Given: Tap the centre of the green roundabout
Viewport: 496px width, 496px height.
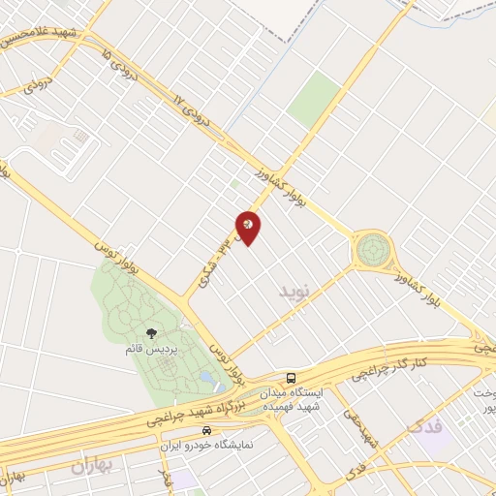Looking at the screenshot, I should [x=372, y=250].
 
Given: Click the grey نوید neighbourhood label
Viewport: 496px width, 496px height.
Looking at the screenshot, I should [x=297, y=291].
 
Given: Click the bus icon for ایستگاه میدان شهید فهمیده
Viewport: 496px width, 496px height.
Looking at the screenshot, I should [x=292, y=377].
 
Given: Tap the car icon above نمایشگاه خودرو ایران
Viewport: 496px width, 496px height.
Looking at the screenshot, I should [x=206, y=429].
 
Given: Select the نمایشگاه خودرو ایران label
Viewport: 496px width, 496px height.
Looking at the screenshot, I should [x=206, y=446].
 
